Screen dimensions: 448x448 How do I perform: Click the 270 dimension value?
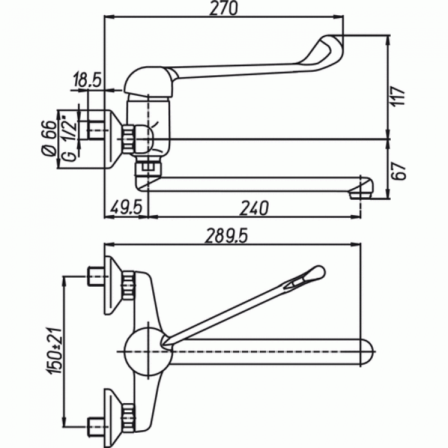click(x=223, y=9)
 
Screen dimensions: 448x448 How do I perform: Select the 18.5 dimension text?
click(x=88, y=80)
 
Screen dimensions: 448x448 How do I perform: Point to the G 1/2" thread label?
click(x=70, y=139)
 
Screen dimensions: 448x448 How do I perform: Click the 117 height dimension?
click(x=398, y=96)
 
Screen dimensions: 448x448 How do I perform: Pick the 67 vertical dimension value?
click(x=399, y=171)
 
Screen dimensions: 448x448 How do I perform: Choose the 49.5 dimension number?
click(x=126, y=207)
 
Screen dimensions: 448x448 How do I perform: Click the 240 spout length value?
click(x=254, y=208)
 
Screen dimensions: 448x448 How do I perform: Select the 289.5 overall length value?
click(x=226, y=236)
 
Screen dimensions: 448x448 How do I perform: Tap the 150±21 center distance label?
click(x=55, y=352)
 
